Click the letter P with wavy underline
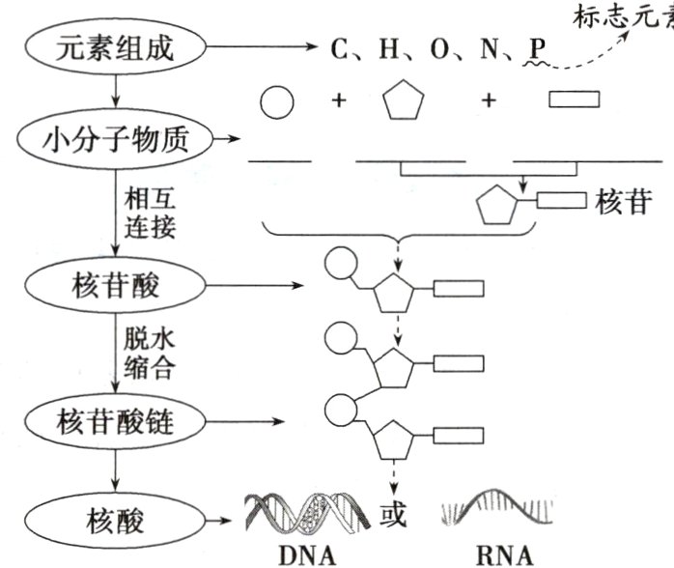coord(535,48)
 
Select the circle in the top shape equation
coord(278,100)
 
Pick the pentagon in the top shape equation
coord(405,100)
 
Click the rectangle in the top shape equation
coord(574,99)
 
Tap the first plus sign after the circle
coord(339,99)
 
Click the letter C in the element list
coord(338,49)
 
